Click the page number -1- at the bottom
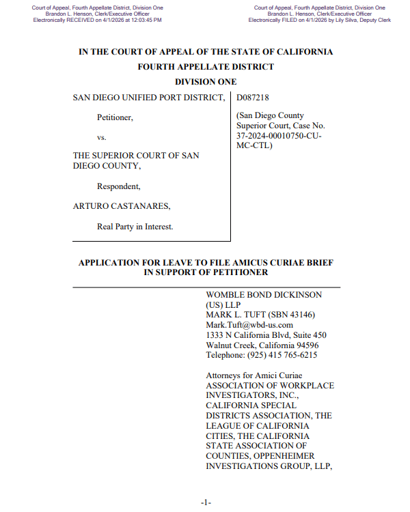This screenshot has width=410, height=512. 206,502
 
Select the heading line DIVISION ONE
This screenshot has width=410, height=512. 206,82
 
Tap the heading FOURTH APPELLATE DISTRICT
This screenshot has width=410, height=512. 206,67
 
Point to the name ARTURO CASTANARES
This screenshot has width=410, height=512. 122,206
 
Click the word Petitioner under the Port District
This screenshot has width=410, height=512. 115,117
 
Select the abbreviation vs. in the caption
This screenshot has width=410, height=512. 102,137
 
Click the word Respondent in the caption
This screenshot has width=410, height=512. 118,186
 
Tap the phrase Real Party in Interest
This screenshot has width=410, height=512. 135,227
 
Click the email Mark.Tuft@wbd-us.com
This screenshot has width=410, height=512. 249,325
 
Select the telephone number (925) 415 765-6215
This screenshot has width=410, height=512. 282,355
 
